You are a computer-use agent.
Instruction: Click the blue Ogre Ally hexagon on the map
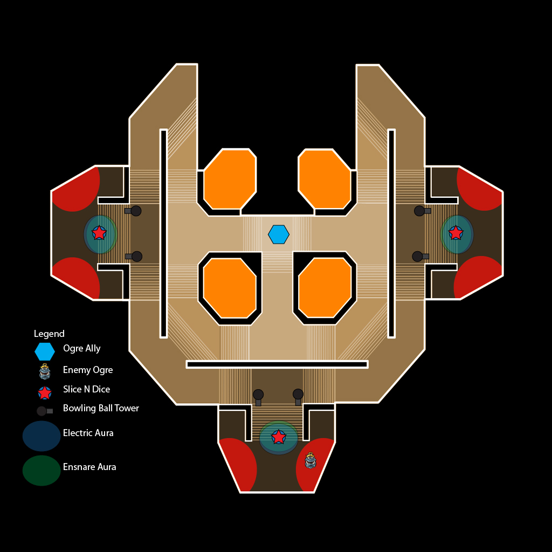click(x=279, y=234)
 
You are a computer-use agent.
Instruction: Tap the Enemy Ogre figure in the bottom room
click(x=310, y=461)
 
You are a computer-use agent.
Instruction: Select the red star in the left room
click(x=99, y=233)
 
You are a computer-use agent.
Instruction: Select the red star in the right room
click(x=456, y=233)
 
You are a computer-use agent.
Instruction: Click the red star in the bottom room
click(x=279, y=437)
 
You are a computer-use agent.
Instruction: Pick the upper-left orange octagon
click(x=230, y=179)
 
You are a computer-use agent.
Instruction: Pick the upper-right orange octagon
click(x=325, y=179)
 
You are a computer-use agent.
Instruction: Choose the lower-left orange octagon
click(x=230, y=288)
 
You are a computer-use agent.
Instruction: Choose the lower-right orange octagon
click(x=325, y=288)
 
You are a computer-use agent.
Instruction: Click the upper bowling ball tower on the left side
click(x=135, y=211)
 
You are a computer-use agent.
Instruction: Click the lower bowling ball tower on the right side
click(x=418, y=257)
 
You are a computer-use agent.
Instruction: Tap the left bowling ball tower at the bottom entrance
click(x=258, y=395)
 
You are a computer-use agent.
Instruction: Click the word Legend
click(x=49, y=334)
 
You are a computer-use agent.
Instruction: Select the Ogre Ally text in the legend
click(x=82, y=348)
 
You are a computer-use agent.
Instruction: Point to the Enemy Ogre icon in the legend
click(x=45, y=371)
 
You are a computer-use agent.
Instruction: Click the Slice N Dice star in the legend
click(x=45, y=393)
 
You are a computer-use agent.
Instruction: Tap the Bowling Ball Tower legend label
click(x=101, y=408)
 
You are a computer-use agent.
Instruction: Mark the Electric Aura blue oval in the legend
click(x=42, y=436)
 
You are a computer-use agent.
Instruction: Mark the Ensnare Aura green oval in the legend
click(x=42, y=471)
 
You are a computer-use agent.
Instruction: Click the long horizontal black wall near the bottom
click(x=277, y=364)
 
